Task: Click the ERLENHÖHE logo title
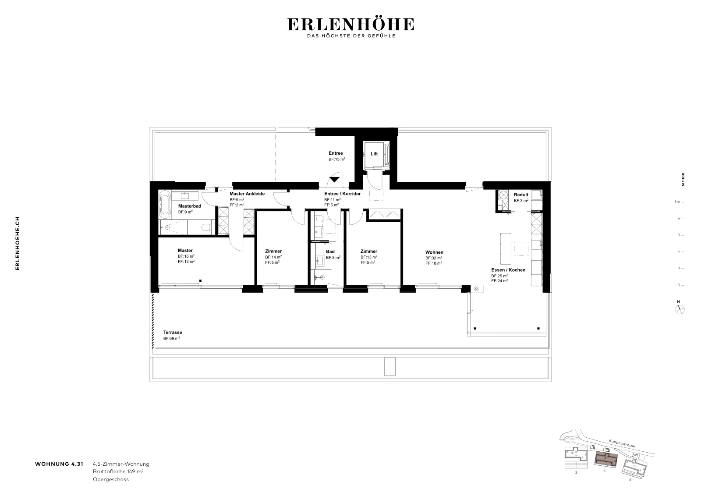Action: [x=351, y=24]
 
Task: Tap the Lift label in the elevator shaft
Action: [x=374, y=154]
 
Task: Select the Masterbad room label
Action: [x=190, y=206]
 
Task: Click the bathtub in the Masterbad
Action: [x=165, y=204]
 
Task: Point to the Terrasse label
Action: [x=173, y=332]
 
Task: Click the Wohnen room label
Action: [x=434, y=252]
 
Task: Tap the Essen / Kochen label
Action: [x=508, y=270]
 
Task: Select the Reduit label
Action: [x=521, y=195]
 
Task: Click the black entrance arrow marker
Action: [x=335, y=180]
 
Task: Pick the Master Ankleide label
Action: [x=247, y=194]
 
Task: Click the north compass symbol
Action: [x=680, y=310]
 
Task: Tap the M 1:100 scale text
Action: [x=683, y=179]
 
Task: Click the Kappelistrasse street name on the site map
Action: [x=622, y=443]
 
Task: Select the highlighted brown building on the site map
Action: [x=606, y=460]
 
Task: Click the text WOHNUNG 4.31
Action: [x=59, y=464]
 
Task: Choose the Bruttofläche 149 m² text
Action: [x=118, y=471]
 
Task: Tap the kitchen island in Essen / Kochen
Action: [x=506, y=249]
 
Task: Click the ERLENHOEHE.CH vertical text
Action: [x=18, y=243]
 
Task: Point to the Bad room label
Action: [x=330, y=251]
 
